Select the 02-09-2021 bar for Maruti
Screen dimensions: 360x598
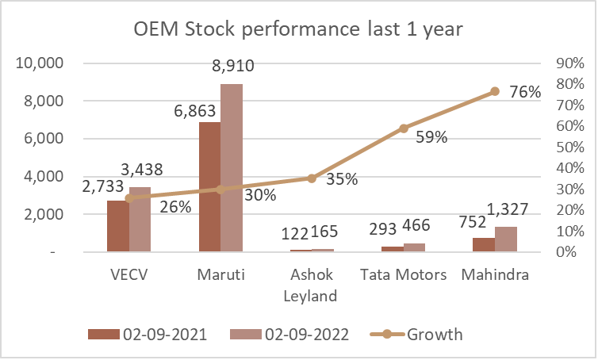(x=209, y=186)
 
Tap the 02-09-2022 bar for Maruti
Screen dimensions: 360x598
(x=231, y=167)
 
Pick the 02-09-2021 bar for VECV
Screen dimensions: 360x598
(x=117, y=226)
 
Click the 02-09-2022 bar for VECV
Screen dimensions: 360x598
(x=140, y=220)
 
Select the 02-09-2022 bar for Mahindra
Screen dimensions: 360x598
(x=505, y=239)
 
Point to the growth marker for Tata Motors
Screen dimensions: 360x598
(x=403, y=128)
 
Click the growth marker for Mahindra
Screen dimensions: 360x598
(x=495, y=91)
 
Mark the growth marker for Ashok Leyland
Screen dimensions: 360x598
(x=312, y=178)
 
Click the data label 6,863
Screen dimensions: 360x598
(x=194, y=111)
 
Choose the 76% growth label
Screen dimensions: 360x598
(x=525, y=92)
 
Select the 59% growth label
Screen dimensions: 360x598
(x=431, y=136)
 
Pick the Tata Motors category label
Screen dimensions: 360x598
(x=403, y=275)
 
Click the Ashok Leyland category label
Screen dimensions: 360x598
(x=312, y=285)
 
